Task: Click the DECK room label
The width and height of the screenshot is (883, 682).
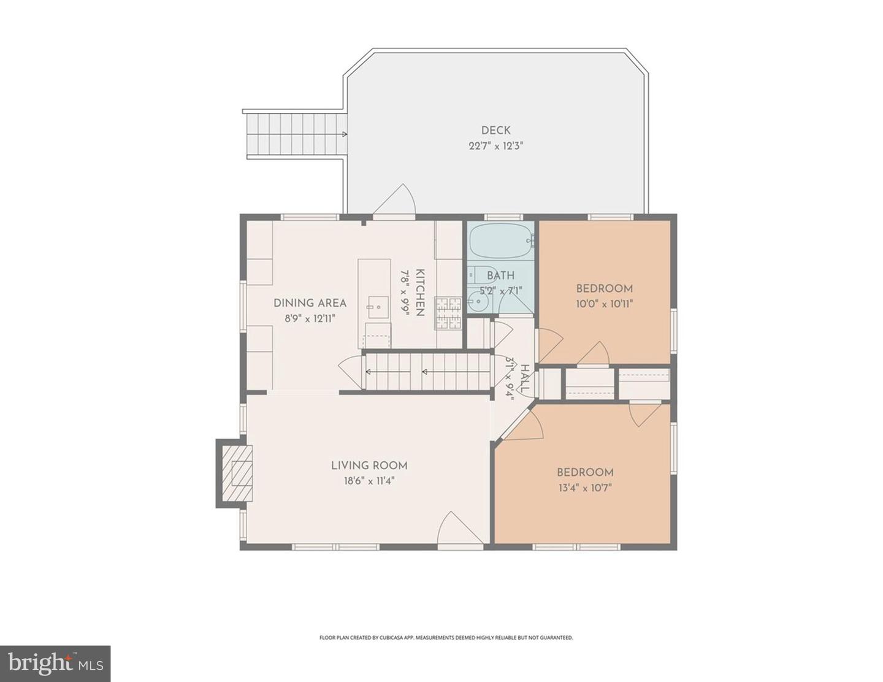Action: [495, 130]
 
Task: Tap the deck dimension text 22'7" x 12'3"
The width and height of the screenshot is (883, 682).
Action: [495, 146]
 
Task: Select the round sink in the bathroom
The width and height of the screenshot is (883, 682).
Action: [476, 302]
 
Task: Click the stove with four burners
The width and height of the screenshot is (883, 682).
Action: [448, 313]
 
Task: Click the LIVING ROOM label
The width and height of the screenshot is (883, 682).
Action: [369, 466]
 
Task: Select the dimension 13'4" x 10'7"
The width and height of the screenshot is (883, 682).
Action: [584, 488]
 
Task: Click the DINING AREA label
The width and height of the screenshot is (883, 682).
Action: [310, 303]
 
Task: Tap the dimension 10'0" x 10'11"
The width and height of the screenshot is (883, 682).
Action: [604, 304]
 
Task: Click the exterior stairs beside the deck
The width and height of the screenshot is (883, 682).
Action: [294, 134]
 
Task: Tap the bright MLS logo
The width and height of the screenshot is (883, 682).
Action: [55, 664]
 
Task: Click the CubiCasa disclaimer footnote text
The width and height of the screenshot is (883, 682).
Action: [446, 638]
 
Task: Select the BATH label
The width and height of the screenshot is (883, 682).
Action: [500, 275]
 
